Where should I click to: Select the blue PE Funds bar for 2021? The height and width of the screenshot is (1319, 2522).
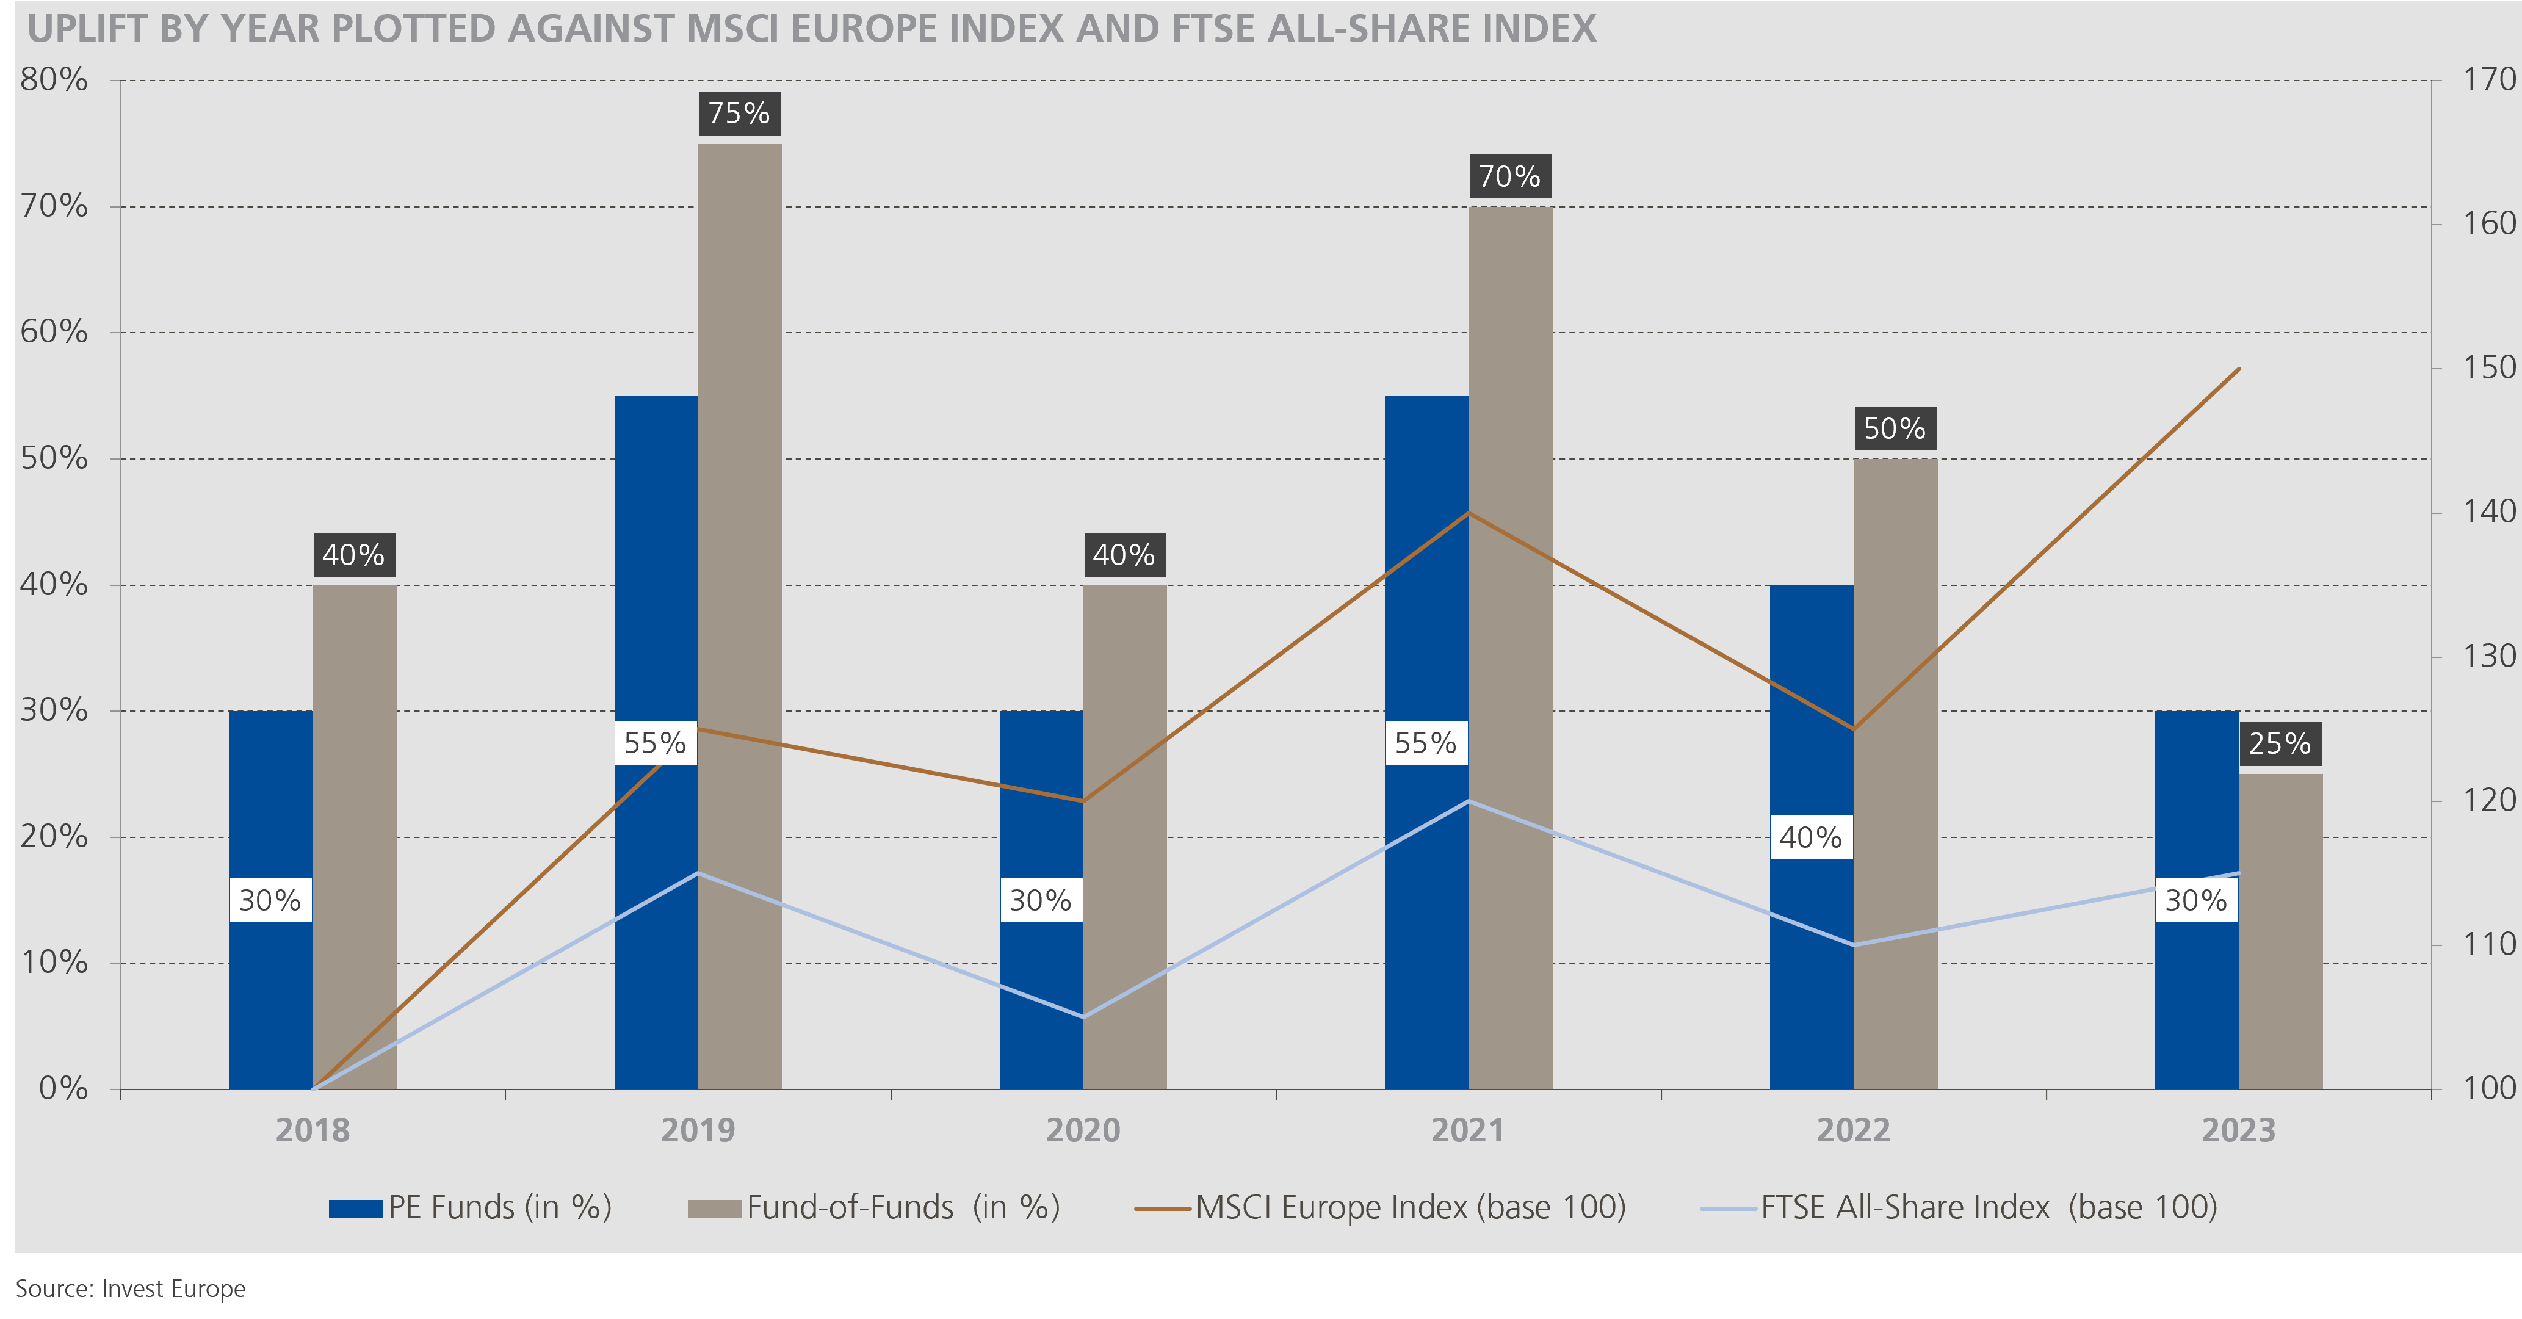pyautogui.click(x=1426, y=588)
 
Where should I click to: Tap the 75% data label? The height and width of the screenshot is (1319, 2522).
pyautogui.click(x=739, y=114)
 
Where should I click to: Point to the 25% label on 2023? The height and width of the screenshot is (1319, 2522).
pyautogui.click(x=2279, y=744)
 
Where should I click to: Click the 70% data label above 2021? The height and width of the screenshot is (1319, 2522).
pyautogui.click(x=1509, y=177)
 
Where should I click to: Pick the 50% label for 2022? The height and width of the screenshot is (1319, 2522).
pyautogui.click(x=1895, y=429)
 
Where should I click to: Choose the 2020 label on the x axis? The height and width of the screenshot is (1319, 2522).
pyautogui.click(x=1083, y=1131)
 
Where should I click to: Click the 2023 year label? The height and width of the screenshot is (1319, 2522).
pyautogui.click(x=2239, y=1131)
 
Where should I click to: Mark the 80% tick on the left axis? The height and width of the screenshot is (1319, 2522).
pyautogui.click(x=54, y=81)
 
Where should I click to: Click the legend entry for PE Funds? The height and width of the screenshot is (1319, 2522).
pyautogui.click(x=470, y=1207)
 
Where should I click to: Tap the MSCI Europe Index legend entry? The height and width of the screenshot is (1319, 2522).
pyautogui.click(x=1381, y=1207)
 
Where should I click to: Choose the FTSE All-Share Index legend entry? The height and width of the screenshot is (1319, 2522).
pyautogui.click(x=1958, y=1207)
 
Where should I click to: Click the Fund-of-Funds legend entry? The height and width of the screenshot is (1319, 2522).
pyautogui.click(x=873, y=1207)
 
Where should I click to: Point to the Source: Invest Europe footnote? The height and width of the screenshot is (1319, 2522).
pyautogui.click(x=130, y=1288)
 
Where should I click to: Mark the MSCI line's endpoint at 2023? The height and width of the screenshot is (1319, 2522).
pyautogui.click(x=2239, y=369)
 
